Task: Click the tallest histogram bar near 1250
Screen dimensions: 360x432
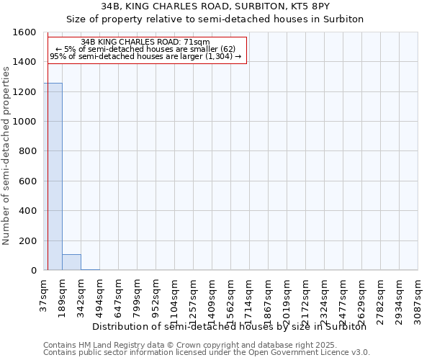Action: tap(53, 176)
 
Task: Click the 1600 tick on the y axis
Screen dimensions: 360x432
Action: tap(24, 32)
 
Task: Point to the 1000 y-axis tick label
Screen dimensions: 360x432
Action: tap(24, 122)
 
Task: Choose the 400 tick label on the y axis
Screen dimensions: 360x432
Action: tap(27, 211)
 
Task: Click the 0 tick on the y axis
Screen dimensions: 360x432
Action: tap(34, 271)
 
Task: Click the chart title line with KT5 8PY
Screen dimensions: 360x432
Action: tap(215, 6)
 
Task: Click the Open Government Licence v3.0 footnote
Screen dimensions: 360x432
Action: tap(207, 353)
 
